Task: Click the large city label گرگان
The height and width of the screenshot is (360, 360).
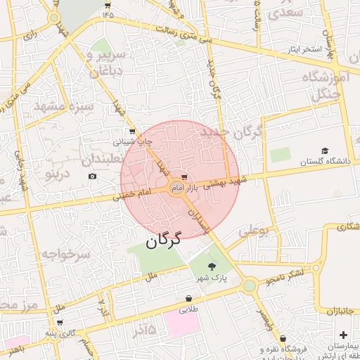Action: pos(164,239)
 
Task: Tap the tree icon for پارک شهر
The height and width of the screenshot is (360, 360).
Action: pos(212,266)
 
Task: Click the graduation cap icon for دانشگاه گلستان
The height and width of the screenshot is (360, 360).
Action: pos(325,150)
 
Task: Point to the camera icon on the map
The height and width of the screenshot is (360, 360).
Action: pos(92,176)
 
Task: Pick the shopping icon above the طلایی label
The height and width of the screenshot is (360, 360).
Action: pos(188,298)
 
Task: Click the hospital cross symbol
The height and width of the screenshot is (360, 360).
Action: pos(343,335)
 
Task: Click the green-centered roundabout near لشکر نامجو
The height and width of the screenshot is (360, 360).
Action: pos(249,285)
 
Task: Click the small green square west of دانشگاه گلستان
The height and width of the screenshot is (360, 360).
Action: pos(280,155)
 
